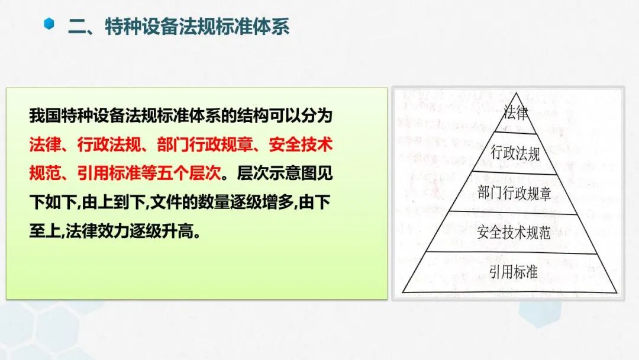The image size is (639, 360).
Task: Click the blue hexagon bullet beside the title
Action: (49, 24)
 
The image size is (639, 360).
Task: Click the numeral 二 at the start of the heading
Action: (77, 27)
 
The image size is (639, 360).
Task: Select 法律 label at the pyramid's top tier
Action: (516, 112)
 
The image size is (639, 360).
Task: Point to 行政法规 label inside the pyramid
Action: (515, 153)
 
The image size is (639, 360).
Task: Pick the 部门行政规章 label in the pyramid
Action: (514, 193)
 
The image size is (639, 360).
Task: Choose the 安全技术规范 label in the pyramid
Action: (514, 232)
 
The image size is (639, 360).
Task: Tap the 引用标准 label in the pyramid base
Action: (514, 272)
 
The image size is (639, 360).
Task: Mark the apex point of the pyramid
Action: (517, 93)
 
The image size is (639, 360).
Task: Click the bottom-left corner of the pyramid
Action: (403, 292)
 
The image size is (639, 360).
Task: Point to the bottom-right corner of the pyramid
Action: (617, 292)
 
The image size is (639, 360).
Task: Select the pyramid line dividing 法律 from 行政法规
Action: (515, 133)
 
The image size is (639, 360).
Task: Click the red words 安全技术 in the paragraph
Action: (301, 144)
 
